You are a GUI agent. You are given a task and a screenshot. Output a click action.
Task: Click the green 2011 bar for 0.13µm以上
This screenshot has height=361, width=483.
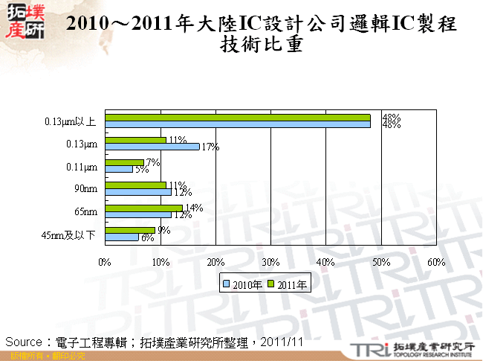[238, 118]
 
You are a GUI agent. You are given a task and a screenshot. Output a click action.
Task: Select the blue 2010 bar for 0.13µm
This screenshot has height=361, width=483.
[152, 147]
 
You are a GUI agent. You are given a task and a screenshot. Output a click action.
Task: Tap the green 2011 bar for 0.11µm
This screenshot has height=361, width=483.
[124, 162]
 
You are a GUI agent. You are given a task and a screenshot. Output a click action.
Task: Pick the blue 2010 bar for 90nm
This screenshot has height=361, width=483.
[138, 191]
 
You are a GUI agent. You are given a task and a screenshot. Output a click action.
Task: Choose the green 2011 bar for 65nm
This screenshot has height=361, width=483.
[143, 208]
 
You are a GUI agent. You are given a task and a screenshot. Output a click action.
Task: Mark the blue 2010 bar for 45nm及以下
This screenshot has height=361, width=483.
[122, 237]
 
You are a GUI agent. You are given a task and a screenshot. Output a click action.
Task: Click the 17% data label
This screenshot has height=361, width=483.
[209, 147]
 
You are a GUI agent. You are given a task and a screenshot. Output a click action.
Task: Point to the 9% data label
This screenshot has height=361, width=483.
[163, 231]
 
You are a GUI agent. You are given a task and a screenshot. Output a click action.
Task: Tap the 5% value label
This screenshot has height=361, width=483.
[140, 170]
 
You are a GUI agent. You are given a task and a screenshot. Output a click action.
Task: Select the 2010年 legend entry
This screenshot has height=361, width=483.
[243, 284]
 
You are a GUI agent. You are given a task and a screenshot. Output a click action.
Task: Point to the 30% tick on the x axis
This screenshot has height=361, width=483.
[270, 262]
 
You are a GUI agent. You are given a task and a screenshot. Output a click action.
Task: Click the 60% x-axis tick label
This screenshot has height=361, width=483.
[435, 262]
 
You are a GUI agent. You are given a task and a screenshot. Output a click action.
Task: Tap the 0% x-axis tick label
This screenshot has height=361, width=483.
[105, 262]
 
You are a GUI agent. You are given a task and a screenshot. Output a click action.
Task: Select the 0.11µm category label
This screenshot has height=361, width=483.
[82, 166]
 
